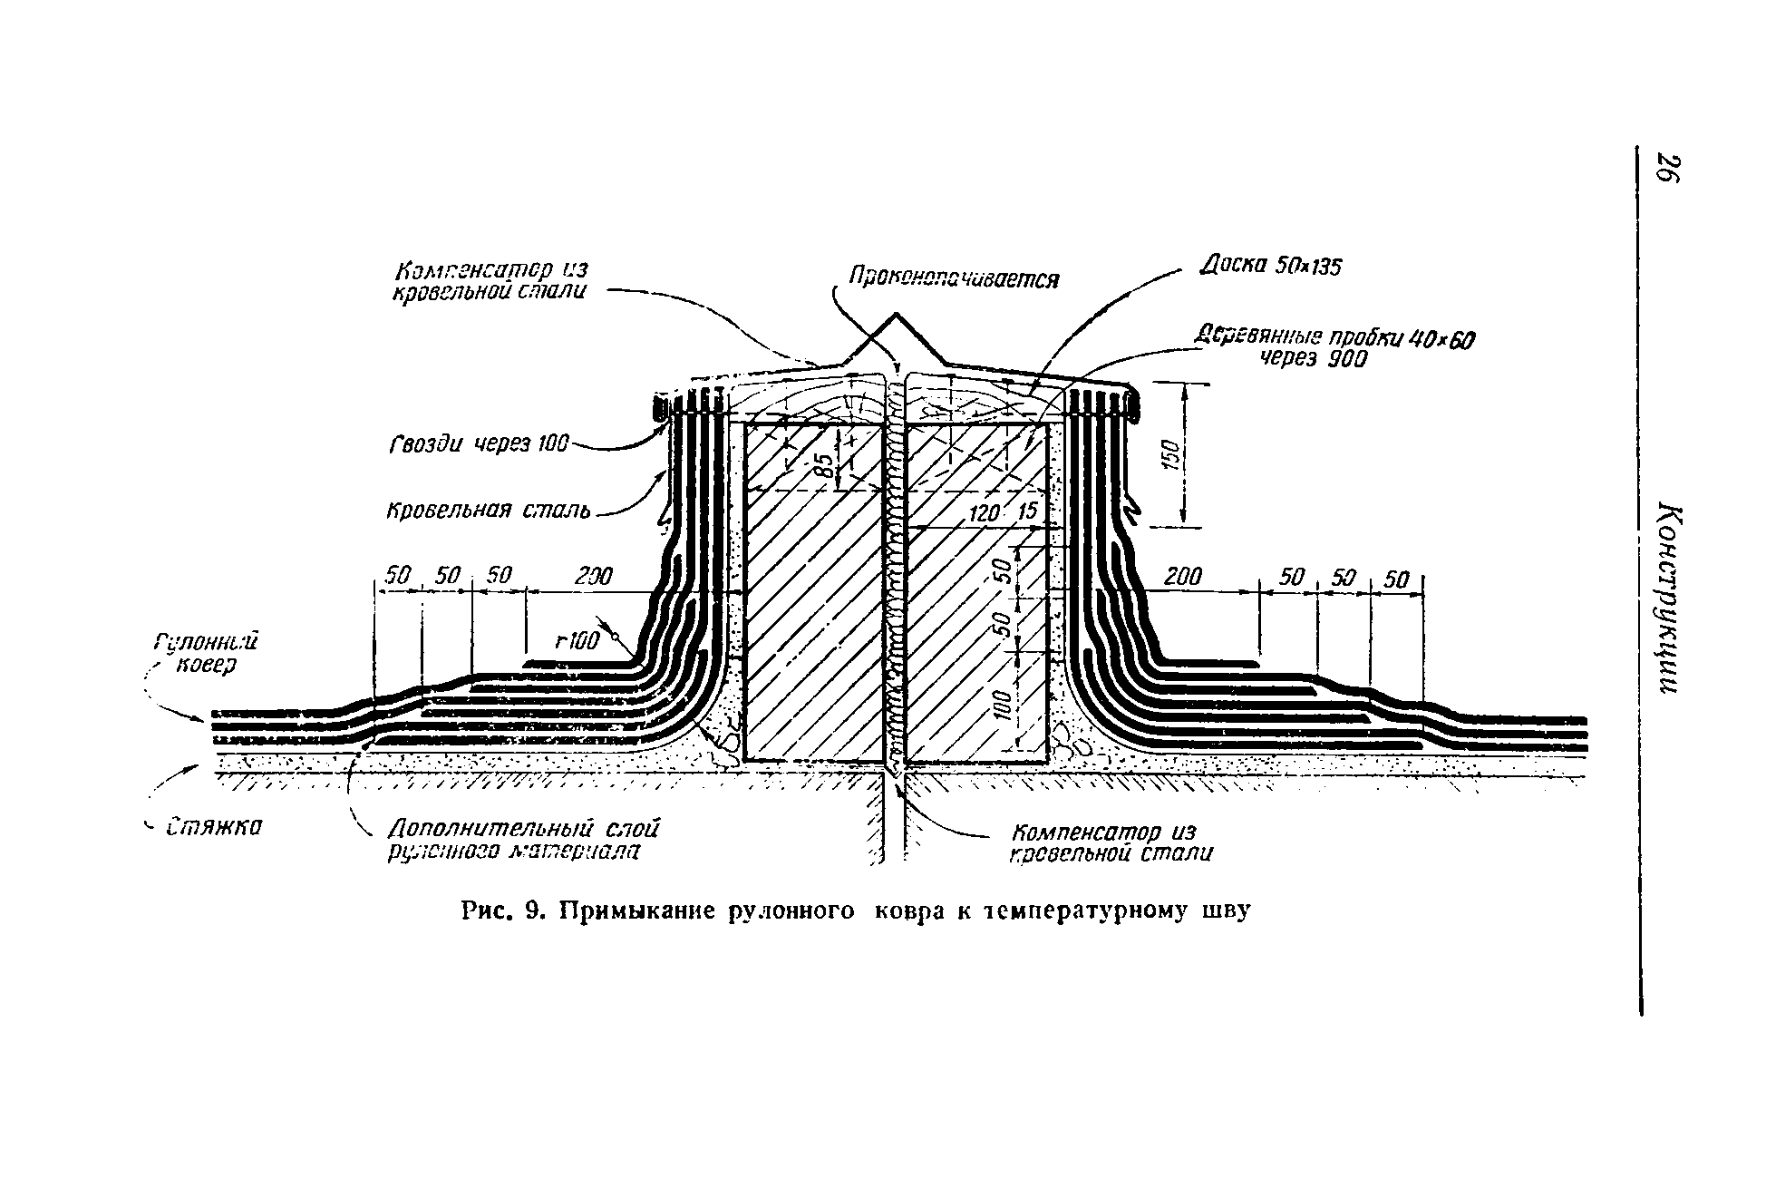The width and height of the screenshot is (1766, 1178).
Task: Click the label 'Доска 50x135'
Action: [1269, 267]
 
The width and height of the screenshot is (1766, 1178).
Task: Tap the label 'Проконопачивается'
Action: [952, 277]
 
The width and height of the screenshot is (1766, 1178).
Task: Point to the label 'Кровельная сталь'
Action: [489, 511]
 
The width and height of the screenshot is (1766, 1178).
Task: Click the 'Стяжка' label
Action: [214, 827]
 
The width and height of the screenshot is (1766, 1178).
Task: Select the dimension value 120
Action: [984, 514]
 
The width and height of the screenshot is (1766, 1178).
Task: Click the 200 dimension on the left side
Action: [594, 576]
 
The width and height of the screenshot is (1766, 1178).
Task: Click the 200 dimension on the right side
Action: [1182, 576]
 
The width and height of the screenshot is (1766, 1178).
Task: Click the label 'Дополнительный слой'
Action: [523, 828]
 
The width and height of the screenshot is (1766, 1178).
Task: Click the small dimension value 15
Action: [1026, 512]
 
